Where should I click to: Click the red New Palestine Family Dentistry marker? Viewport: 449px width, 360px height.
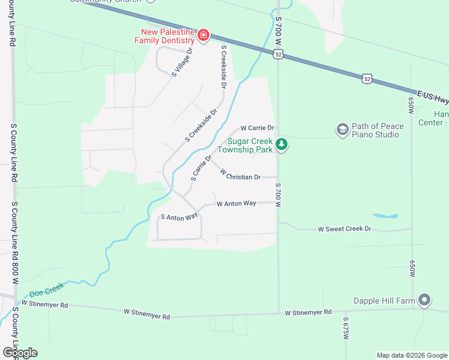pyautogui.click(x=203, y=35)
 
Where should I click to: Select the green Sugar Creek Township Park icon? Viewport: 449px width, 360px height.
pyautogui.click(x=282, y=144)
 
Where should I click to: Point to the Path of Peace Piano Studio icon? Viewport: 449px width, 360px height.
pyautogui.click(x=343, y=130)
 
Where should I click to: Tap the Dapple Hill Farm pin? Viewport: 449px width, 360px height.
pyautogui.click(x=424, y=299)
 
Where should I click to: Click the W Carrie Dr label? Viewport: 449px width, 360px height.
pyautogui.click(x=257, y=128)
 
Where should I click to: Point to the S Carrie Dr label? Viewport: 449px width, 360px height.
pyautogui.click(x=202, y=168)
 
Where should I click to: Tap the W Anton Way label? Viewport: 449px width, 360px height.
pyautogui.click(x=237, y=204)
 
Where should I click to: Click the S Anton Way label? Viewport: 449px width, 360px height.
pyautogui.click(x=179, y=217)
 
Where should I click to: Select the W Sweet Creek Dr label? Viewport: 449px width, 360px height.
pyautogui.click(x=345, y=229)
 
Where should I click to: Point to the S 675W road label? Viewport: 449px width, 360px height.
pyautogui.click(x=346, y=330)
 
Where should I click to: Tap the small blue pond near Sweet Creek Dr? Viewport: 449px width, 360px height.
pyautogui.click(x=384, y=215)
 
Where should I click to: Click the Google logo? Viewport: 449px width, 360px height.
pyautogui.click(x=20, y=353)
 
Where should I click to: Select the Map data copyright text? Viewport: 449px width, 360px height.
pyautogui.click(x=411, y=355)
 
